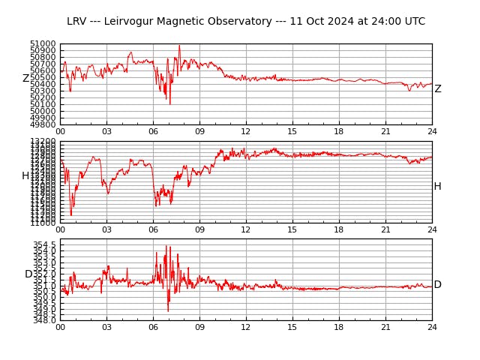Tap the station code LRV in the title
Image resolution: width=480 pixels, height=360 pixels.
(x=77, y=22)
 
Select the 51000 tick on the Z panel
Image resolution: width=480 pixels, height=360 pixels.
(x=43, y=44)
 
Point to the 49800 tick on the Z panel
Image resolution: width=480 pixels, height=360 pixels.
(x=43, y=124)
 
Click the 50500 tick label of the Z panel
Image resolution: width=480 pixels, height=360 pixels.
(x=43, y=77)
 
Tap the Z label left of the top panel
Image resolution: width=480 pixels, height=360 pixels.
(x=25, y=79)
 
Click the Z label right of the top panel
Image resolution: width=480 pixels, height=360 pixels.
(x=438, y=89)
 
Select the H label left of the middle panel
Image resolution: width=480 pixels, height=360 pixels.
(x=25, y=176)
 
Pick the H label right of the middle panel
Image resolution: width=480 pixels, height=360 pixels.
(x=437, y=187)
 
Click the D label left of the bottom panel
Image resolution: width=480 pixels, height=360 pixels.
(x=28, y=274)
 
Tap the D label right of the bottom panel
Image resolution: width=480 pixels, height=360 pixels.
(x=437, y=285)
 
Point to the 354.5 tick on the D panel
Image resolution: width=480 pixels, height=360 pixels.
(x=44, y=244)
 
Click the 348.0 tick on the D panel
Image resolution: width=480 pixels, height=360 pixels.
(x=44, y=320)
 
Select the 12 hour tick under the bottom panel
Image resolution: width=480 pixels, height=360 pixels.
(x=246, y=328)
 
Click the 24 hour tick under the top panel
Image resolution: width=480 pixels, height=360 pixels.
(x=432, y=132)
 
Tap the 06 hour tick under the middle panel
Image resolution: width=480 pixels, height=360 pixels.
(x=153, y=230)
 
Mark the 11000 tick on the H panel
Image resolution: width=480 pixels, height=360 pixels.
(x=43, y=223)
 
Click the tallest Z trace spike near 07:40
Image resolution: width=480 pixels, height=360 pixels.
(x=179, y=46)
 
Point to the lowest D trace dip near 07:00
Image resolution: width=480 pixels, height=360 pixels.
(x=168, y=310)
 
